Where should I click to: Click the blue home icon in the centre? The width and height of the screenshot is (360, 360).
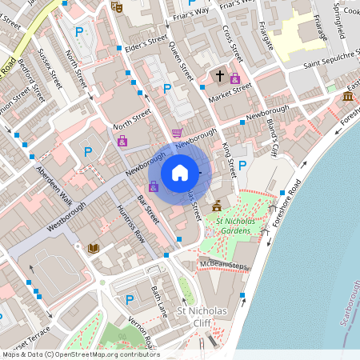click(180, 173)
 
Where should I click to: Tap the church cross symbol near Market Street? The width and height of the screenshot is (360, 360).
click(219, 77)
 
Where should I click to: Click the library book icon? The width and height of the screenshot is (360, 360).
click(94, 249)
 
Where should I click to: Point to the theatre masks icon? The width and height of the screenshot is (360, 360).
click(115, 6)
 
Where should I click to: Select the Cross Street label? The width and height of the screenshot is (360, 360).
click(231, 43)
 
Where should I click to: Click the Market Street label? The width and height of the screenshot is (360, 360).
click(230, 92)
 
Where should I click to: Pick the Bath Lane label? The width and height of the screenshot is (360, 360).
click(158, 299)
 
